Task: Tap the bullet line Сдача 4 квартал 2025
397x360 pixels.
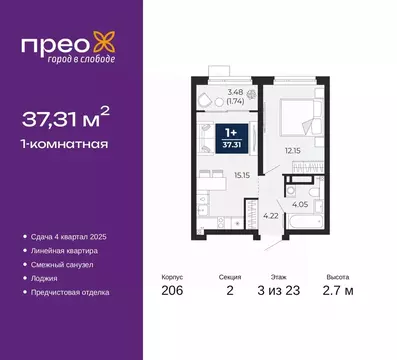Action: point(72,236)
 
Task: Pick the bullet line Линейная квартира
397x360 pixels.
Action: point(67,250)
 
